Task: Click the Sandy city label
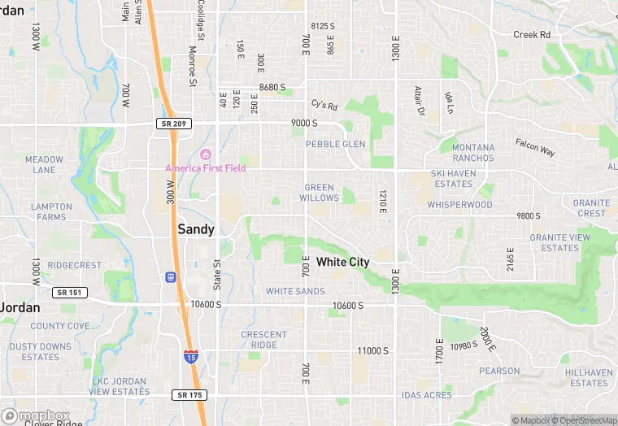tap(196, 229)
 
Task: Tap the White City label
tap(342, 262)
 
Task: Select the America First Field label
tap(206, 168)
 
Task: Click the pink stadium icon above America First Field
tap(206, 154)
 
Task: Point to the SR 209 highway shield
tap(167, 123)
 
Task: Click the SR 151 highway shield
tap(69, 292)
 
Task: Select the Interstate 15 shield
tap(189, 356)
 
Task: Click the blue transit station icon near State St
tap(171, 277)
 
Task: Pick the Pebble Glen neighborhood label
tap(335, 144)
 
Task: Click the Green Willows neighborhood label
tap(319, 193)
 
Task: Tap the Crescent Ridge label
tap(263, 340)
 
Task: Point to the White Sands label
tap(295, 291)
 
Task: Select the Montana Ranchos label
tap(472, 152)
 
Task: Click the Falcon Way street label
tap(534, 146)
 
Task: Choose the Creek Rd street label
tap(532, 34)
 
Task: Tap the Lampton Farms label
tap(51, 211)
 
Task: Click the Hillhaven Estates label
tap(588, 377)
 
